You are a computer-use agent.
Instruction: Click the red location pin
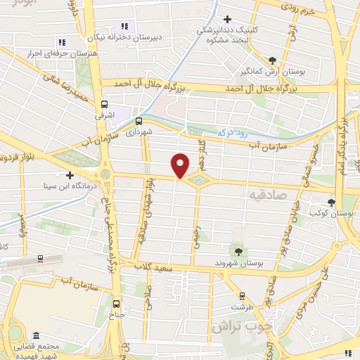pyautogui.click(x=181, y=165)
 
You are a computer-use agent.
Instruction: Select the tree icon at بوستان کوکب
pyautogui.click(x=332, y=202)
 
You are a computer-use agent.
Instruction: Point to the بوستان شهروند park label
pyautogui.click(x=240, y=263)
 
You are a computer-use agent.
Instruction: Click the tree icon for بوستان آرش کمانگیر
pyautogui.click(x=273, y=60)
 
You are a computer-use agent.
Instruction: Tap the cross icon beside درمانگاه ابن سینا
pyautogui.click(x=69, y=175)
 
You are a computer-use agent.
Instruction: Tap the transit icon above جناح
pyautogui.click(x=116, y=304)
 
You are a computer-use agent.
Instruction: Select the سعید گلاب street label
pyautogui.click(x=174, y=269)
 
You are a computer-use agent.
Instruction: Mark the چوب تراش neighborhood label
pyautogui.click(x=237, y=327)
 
